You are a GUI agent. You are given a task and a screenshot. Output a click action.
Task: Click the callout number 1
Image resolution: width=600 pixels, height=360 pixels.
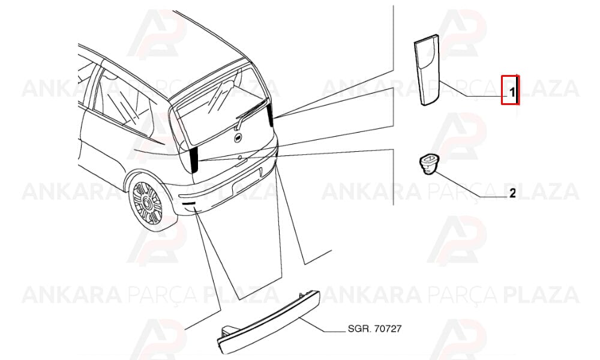tap(512, 92)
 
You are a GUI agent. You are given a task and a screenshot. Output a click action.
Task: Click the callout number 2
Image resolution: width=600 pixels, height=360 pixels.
tap(512, 193)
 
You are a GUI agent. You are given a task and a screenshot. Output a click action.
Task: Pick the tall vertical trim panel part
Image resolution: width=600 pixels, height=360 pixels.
tap(428, 70)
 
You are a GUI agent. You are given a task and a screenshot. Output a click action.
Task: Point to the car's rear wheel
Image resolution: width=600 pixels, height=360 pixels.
tap(148, 203)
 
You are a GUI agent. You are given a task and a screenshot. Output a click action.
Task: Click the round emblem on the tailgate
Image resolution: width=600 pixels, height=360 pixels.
tap(238, 138)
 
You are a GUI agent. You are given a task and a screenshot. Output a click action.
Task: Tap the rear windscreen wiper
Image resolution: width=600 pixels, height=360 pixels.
tap(251, 113)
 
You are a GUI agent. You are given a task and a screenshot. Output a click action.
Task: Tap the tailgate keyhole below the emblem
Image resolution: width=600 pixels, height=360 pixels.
tap(239, 157)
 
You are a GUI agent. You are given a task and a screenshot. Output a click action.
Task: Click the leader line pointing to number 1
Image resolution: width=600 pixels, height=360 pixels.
tap(474, 89)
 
